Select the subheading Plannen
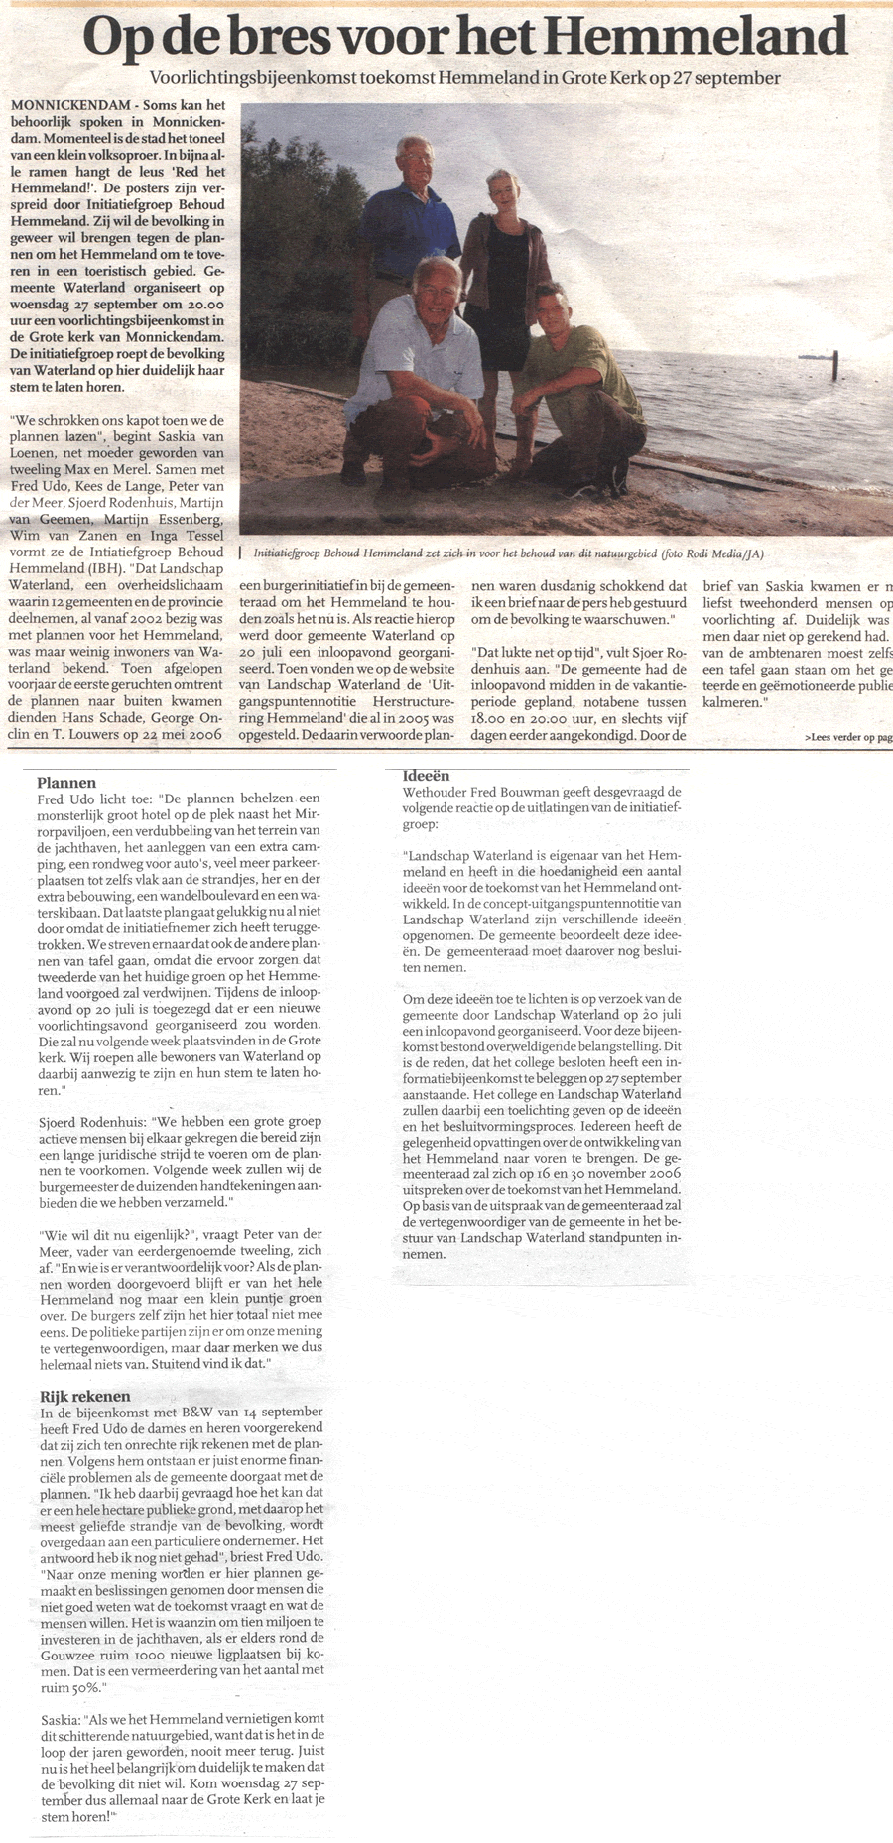point(66,783)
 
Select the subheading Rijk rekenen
point(85,1396)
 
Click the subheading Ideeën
point(427,776)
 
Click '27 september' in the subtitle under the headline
point(728,78)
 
